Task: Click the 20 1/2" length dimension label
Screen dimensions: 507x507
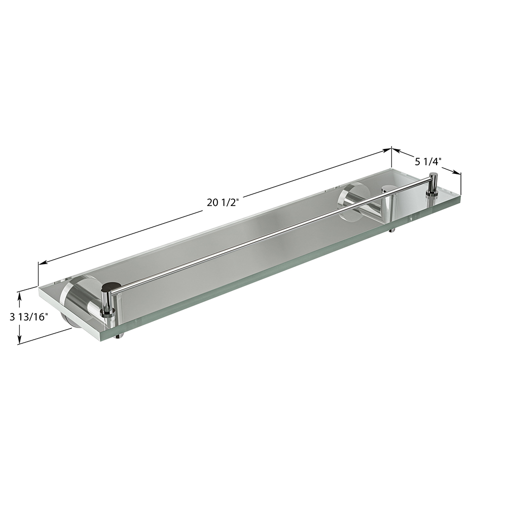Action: [223, 203]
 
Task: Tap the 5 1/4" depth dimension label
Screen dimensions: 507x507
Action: [428, 161]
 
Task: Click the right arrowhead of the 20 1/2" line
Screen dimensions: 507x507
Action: [387, 150]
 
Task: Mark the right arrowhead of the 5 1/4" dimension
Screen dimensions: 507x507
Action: [456, 172]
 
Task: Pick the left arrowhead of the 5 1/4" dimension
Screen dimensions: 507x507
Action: [397, 151]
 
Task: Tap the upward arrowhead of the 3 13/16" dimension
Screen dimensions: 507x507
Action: [20, 297]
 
